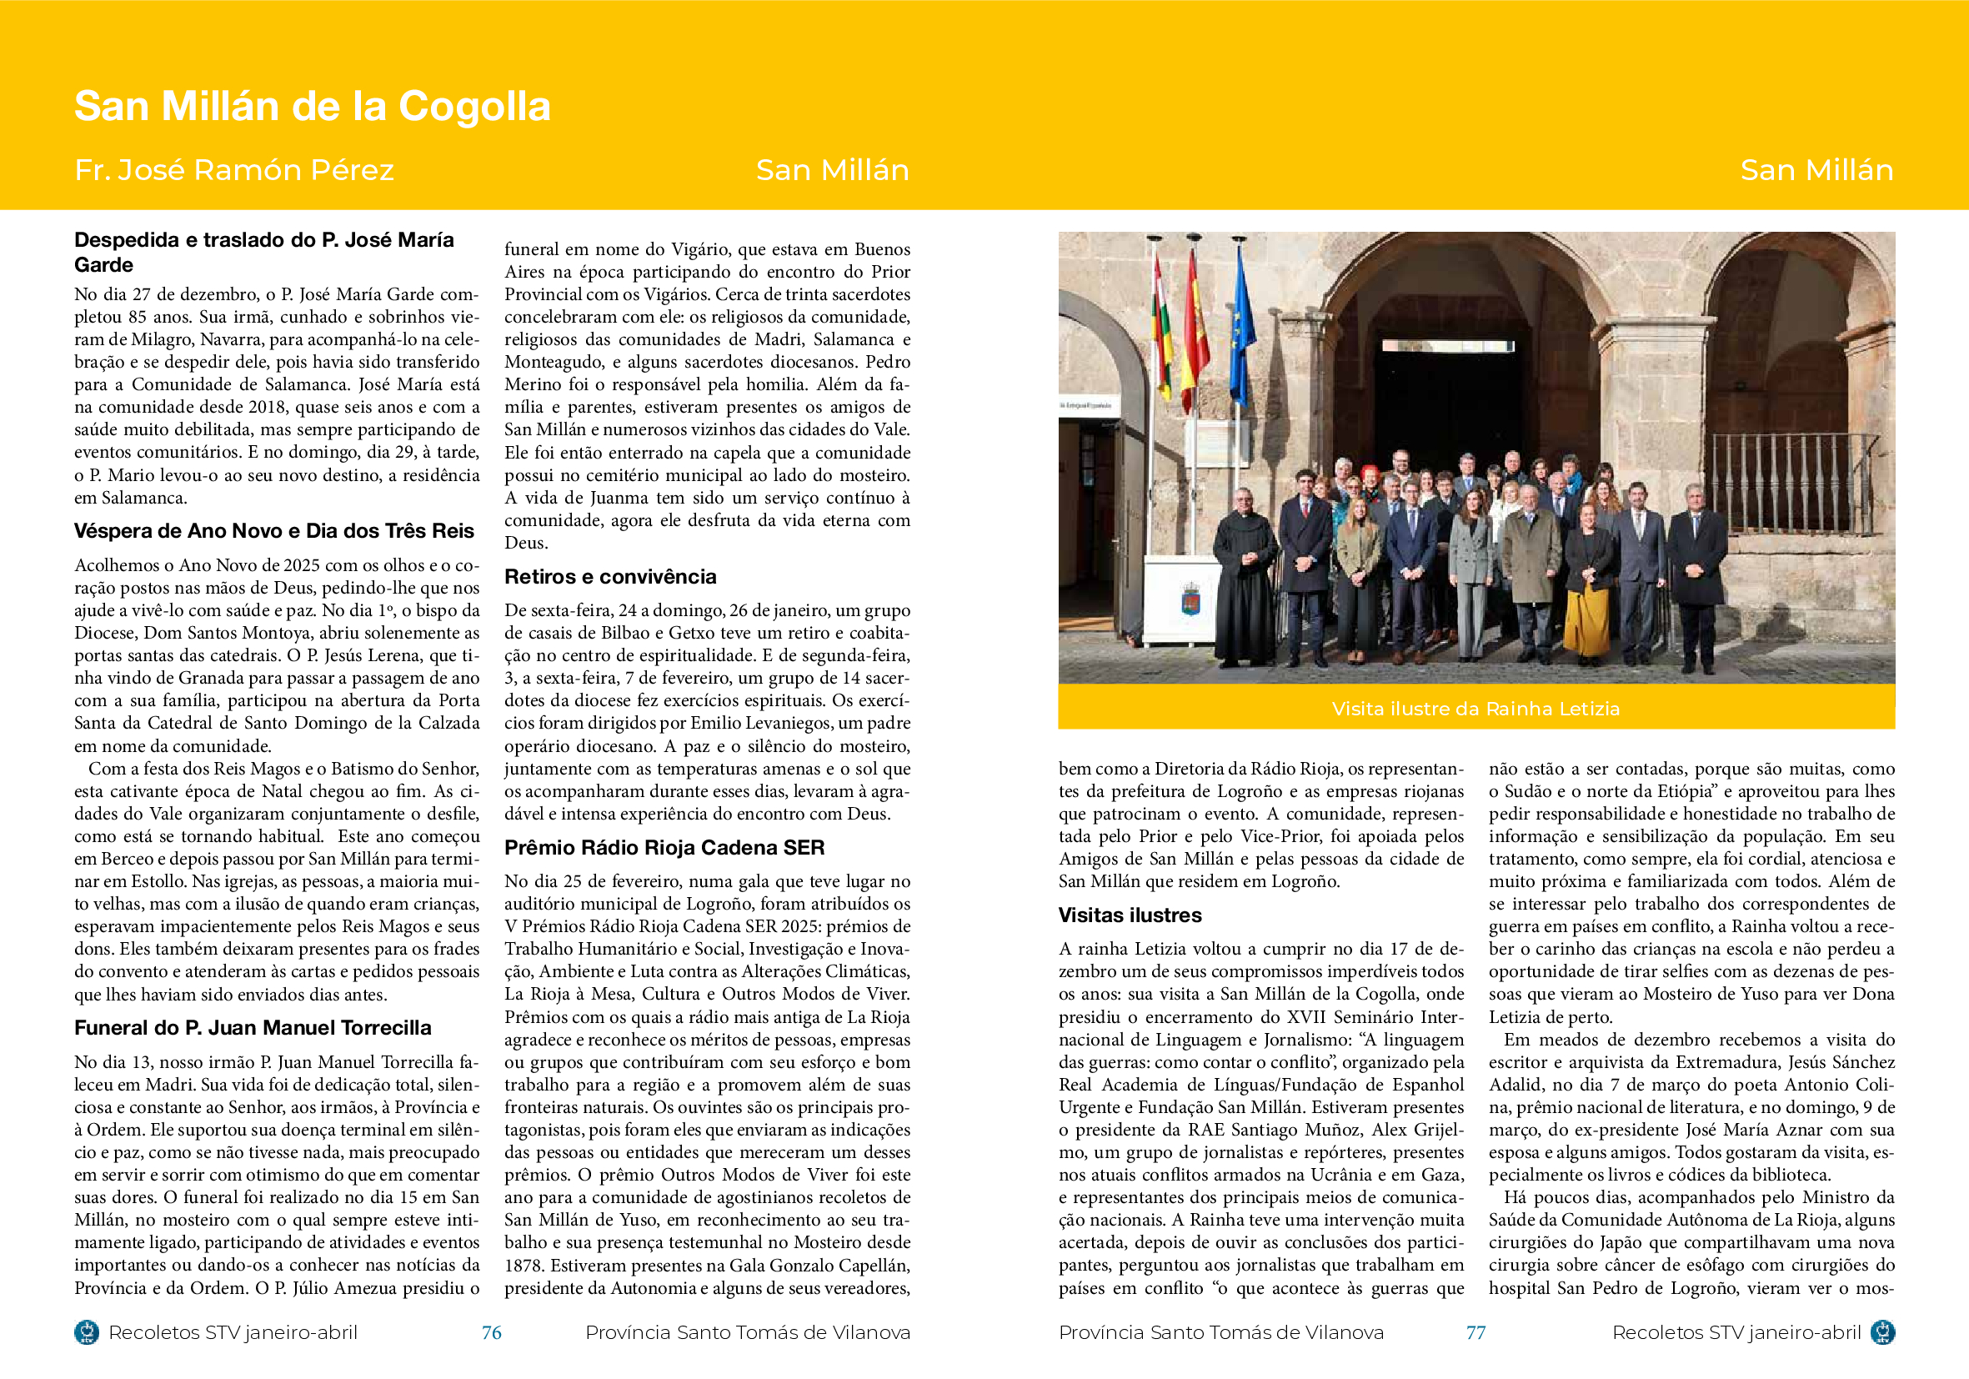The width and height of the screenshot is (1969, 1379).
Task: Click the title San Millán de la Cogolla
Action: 312,107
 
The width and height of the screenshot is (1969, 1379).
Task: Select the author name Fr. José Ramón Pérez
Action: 234,170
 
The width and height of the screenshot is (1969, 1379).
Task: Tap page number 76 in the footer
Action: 491,1331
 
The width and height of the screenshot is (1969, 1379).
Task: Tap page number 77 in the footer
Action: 1475,1331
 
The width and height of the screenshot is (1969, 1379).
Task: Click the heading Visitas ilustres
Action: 1130,915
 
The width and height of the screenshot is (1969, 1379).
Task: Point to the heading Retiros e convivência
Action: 609,576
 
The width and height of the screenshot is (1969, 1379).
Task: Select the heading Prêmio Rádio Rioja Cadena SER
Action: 664,847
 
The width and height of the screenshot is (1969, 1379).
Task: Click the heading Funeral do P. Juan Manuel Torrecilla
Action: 252,1027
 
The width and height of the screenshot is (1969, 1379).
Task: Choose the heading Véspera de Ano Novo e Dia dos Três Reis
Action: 273,531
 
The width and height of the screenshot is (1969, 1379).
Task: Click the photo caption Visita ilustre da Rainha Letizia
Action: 1475,709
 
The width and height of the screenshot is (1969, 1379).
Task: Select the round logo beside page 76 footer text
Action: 87,1331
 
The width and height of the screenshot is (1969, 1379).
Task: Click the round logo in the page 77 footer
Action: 1882,1331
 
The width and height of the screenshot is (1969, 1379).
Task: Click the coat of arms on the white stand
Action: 1190,598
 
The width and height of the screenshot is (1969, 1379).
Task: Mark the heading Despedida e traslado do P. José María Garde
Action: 263,252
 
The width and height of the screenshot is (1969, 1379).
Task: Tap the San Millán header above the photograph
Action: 1816,170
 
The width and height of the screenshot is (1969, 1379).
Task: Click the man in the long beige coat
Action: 1531,566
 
